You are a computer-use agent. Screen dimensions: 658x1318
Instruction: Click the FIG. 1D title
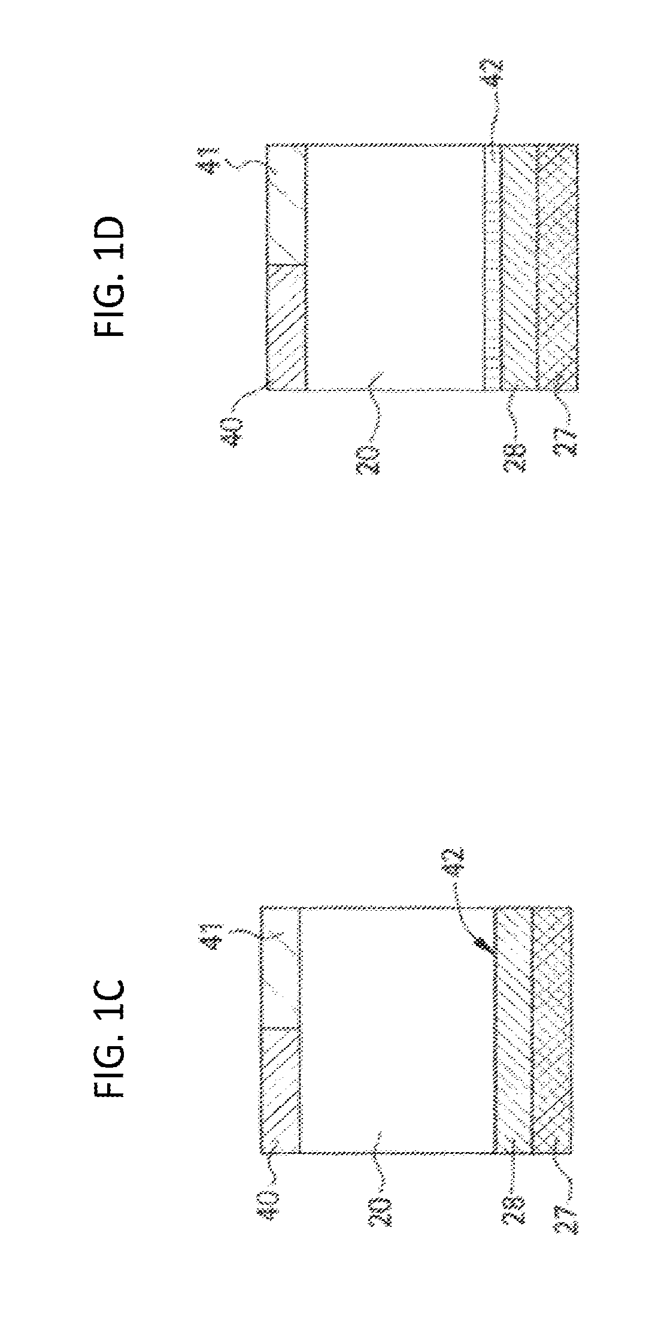[110, 278]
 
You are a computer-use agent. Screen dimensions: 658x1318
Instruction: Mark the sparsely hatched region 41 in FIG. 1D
[286, 204]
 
